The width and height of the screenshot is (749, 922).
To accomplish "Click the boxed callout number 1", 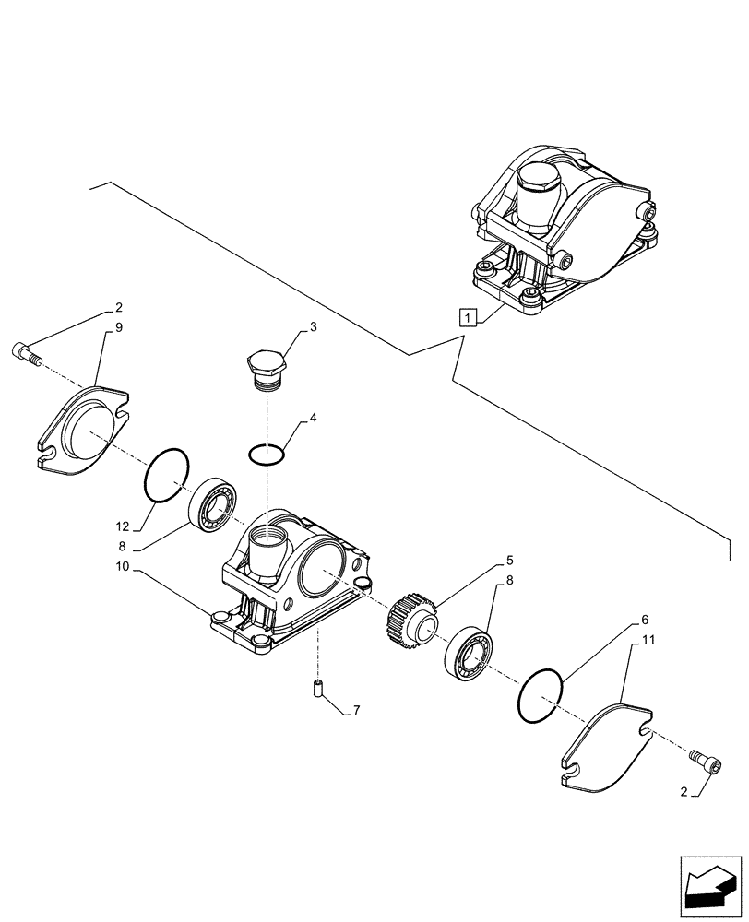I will click(470, 319).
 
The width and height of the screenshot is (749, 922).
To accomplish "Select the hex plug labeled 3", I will click(265, 370).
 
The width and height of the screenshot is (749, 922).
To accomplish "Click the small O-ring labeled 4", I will click(267, 453).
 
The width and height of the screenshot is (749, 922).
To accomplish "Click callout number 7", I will click(356, 712).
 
